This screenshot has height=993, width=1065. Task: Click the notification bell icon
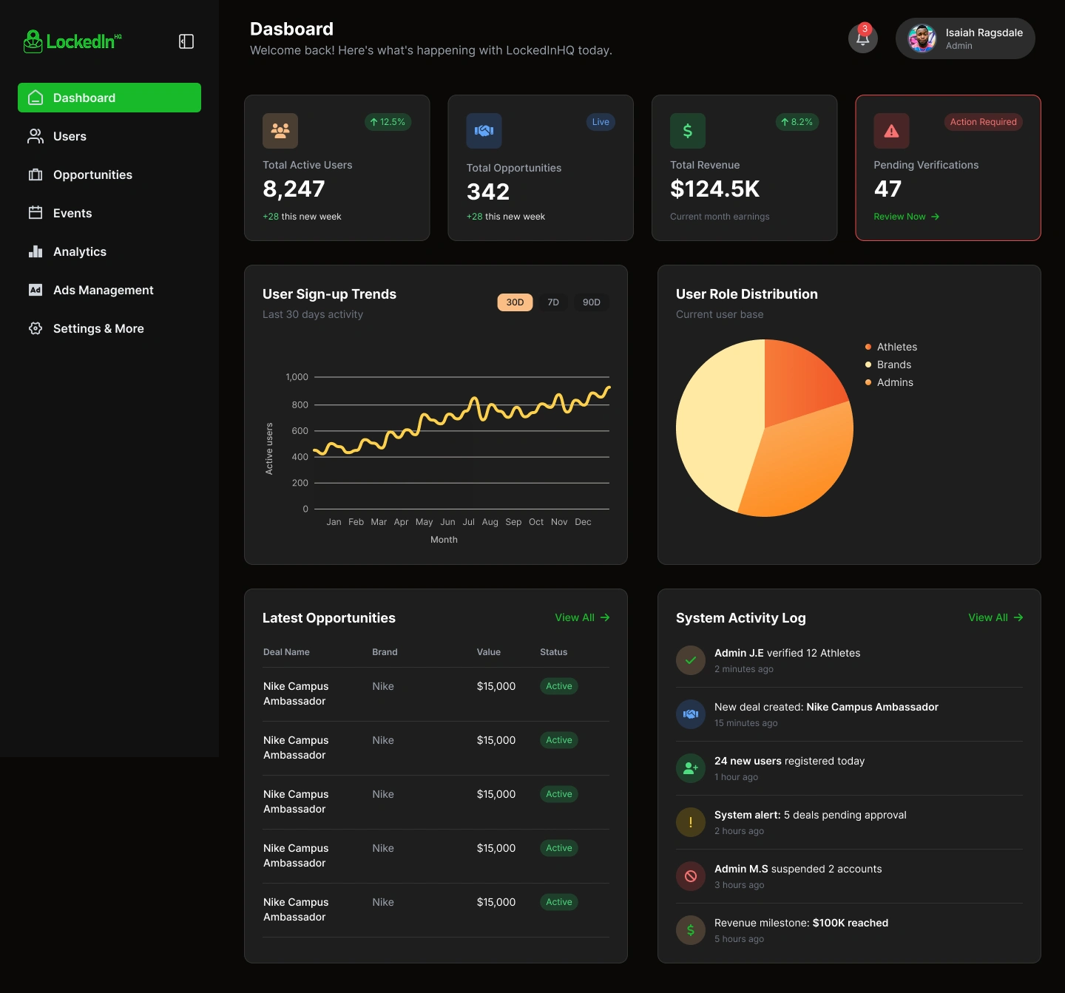[862, 38]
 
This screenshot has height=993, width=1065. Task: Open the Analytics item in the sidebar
[80, 252]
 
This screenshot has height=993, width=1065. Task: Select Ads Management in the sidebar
[103, 291]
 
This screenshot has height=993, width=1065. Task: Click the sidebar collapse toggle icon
[186, 41]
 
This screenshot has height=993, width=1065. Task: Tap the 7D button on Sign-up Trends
[553, 302]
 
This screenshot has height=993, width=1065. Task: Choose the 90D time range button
[591, 302]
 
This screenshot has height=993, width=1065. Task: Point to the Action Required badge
[983, 122]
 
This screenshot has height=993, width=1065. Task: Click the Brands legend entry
[893, 365]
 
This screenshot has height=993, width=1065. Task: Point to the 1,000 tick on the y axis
[297, 377]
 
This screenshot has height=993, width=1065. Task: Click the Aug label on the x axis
[490, 522]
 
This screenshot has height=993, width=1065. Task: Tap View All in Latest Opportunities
[582, 617]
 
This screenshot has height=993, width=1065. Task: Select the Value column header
[488, 652]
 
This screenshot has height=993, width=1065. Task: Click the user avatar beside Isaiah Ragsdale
[922, 38]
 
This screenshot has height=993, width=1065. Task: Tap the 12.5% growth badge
[388, 122]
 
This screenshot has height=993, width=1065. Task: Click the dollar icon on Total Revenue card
[687, 131]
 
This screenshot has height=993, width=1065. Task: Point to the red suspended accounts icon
[691, 876]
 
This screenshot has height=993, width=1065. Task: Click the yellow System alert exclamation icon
[691, 822]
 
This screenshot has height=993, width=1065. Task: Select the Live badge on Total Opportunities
[601, 122]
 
